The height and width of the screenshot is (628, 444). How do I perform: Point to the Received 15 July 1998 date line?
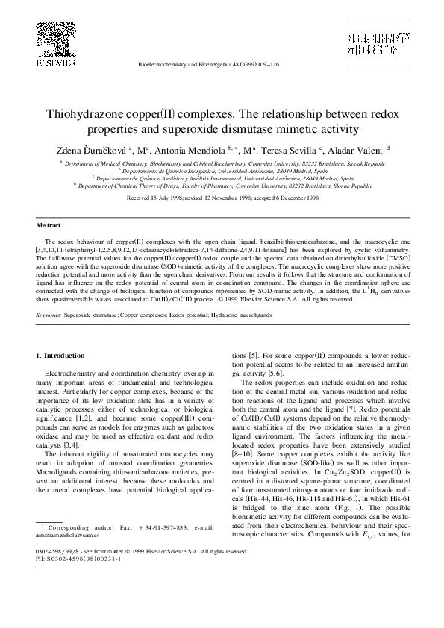coord(222,199)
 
